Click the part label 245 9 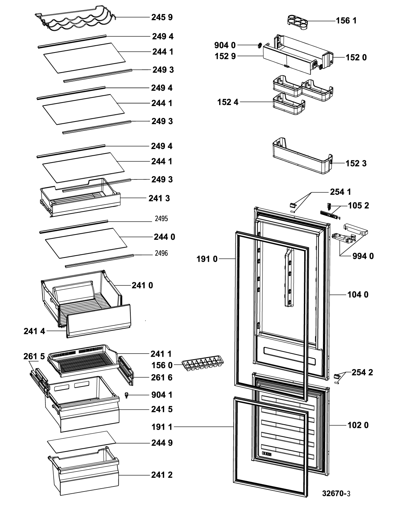point(162,17)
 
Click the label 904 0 point(225,45)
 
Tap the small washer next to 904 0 point(260,45)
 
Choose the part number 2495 point(161,219)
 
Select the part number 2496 point(161,253)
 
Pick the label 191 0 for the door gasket point(207,259)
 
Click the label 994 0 point(363,256)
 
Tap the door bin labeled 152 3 point(302,156)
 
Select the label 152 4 point(228,102)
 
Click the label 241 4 point(34,331)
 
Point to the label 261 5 point(34,356)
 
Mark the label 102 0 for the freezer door point(358,425)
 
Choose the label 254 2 point(362,372)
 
